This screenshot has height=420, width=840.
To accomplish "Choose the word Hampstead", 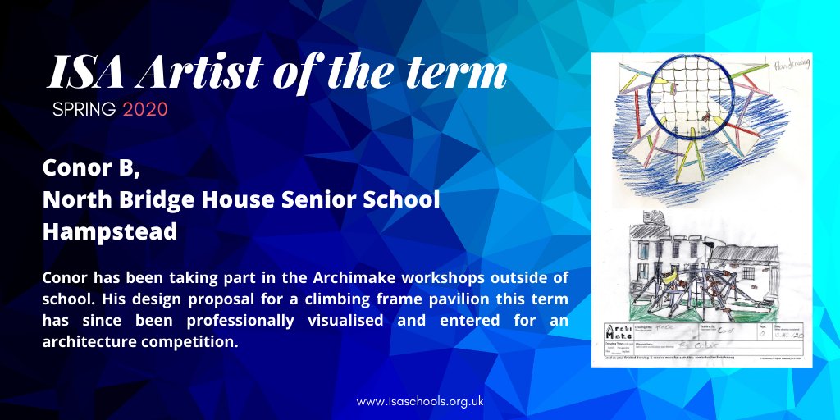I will point(110,231).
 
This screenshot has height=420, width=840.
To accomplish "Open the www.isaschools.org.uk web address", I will point(418,403).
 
